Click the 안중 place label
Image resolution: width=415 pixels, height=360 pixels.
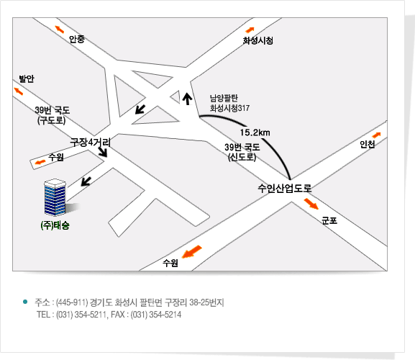click(77, 39)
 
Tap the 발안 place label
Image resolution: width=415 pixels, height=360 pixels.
click(27, 78)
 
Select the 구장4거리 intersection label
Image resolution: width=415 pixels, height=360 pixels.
click(90, 142)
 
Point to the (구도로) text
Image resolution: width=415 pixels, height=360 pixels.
click(51, 120)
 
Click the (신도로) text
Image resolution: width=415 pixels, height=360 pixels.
click(242, 157)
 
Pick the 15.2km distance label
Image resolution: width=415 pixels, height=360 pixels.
click(255, 132)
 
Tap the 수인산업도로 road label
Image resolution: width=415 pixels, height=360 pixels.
click(285, 188)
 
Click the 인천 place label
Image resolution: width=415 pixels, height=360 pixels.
click(367, 145)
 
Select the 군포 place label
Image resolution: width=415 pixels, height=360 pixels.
click(329, 220)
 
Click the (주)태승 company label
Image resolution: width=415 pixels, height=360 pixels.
click(55, 225)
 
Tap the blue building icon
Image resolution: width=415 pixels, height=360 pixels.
click(55, 197)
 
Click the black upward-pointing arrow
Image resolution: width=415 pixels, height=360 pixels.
click(188, 99)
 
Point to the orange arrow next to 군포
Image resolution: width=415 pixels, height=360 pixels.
click(311, 204)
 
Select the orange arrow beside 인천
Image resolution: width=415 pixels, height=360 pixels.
click(376, 135)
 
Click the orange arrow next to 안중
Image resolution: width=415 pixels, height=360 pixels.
click(59, 29)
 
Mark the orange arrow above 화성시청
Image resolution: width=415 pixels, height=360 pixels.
click(250, 30)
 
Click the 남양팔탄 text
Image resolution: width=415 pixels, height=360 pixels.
click(224, 98)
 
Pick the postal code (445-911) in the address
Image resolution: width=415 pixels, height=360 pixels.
click(72, 302)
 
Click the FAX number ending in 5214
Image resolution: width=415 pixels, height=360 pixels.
click(156, 315)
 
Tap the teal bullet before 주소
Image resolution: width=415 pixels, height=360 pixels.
click(25, 302)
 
